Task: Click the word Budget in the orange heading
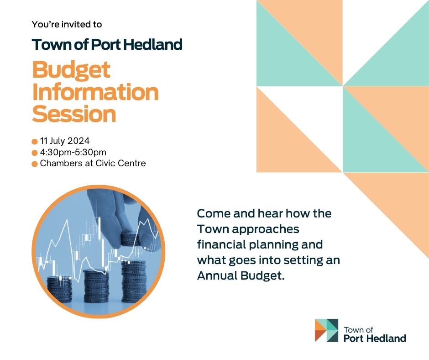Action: pos(71,71)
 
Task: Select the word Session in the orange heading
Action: pos(74,114)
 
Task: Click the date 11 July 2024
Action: pos(64,141)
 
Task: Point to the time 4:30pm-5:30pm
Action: pos(73,152)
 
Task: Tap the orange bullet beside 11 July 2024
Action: pos(35,142)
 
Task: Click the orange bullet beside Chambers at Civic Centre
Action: pos(35,164)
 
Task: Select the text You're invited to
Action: pos(67,24)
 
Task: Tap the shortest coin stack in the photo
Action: pos(60,289)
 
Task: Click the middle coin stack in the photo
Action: pos(96,286)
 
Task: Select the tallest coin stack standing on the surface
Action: pos(134,281)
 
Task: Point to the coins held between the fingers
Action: pos(131,238)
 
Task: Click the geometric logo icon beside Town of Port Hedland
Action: pos(326,330)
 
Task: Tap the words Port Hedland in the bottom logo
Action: pos(375,339)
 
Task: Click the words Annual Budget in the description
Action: pos(241,275)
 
